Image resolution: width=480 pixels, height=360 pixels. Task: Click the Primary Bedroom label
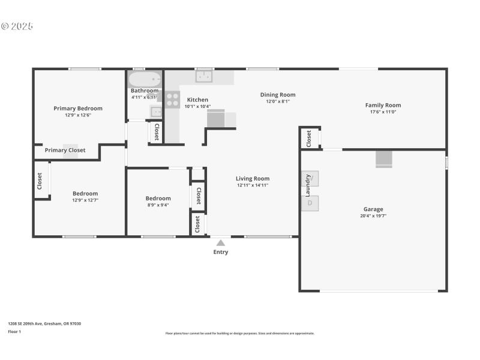point(78,109)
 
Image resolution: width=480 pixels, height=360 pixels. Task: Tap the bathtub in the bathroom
point(145,79)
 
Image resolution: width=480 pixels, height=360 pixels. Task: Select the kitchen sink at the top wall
point(205,77)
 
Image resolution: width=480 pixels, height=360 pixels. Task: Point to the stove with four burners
point(173,99)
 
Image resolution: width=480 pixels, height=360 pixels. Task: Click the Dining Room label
point(278,94)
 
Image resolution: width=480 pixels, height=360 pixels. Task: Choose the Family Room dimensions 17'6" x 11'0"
point(383,112)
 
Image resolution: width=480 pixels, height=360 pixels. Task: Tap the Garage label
point(373,209)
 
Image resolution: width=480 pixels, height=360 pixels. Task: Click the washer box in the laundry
point(310,178)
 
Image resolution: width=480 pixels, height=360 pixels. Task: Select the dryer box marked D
point(310,203)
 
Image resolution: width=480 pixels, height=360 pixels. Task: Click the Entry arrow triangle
point(221,243)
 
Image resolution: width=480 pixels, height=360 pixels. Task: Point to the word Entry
point(221,252)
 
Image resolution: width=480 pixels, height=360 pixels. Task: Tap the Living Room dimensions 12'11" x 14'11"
point(253,185)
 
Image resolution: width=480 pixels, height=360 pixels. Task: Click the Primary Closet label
point(65,151)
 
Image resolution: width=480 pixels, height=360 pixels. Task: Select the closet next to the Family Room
point(309,138)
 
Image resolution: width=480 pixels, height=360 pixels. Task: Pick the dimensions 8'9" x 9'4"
point(158,205)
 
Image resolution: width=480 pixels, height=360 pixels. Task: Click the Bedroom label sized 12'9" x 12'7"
point(85,193)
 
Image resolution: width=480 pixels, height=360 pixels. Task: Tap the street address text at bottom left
point(44,323)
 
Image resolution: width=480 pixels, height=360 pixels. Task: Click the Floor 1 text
point(14,331)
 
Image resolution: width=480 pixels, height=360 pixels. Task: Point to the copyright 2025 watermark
point(17,26)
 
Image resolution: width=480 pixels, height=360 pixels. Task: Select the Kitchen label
point(197,100)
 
